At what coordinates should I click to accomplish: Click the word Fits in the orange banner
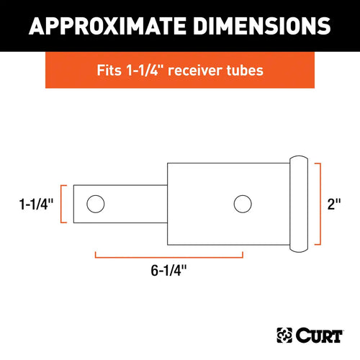coord(108,72)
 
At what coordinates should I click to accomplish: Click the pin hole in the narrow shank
coord(94,205)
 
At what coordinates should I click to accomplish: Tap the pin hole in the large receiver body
coord(242,203)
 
